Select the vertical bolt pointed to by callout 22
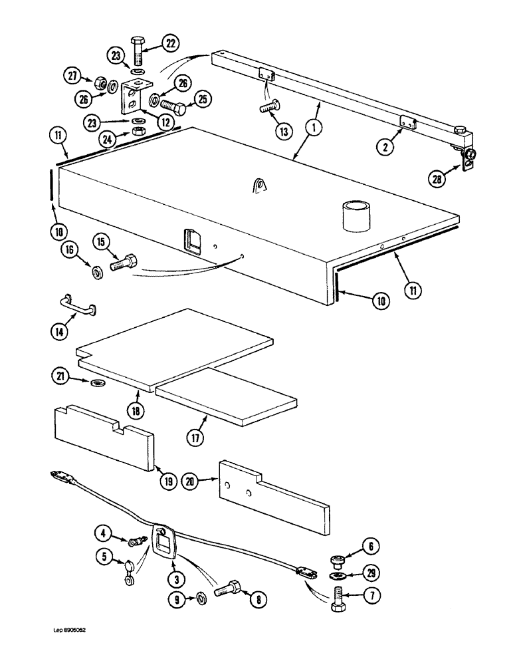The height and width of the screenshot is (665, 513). tap(137, 51)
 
